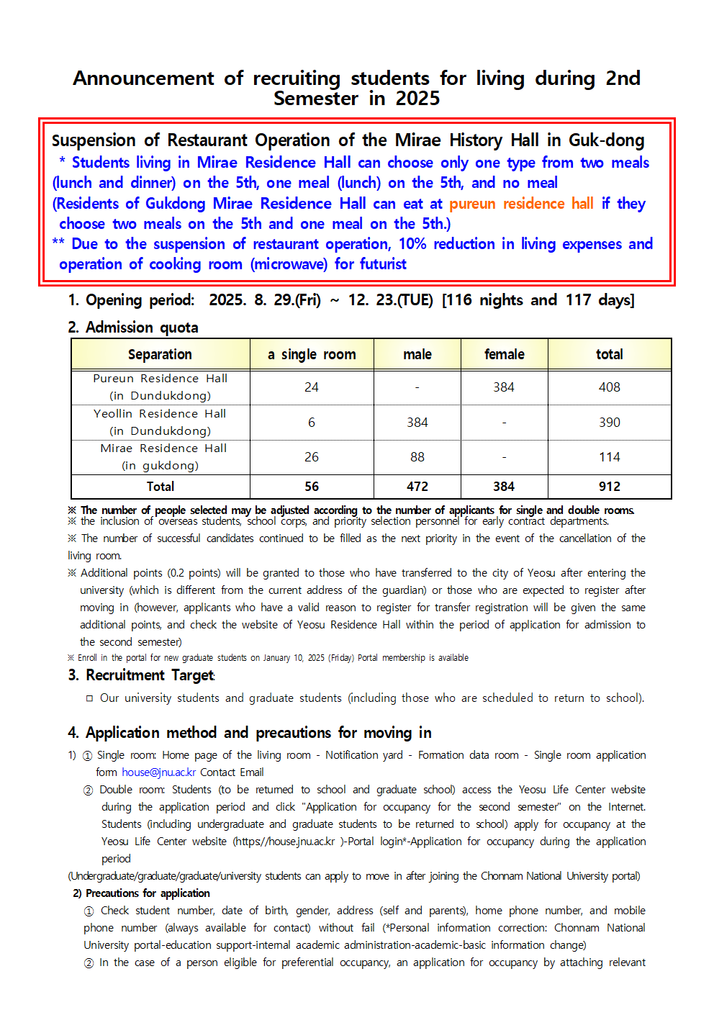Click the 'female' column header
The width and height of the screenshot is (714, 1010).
tap(504, 354)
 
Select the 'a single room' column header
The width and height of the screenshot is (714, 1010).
tap(312, 354)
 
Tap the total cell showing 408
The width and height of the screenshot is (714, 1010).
tap(609, 387)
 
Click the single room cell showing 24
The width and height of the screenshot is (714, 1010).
tap(312, 387)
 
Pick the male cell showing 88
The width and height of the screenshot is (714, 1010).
tap(417, 457)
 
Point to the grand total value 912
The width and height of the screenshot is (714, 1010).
tap(609, 487)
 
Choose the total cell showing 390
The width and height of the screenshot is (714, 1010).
tap(609, 423)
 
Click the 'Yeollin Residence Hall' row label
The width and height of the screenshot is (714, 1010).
tap(160, 414)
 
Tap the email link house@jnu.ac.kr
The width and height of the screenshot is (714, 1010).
tap(158, 772)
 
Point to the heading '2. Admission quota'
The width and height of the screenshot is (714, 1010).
tap(133, 328)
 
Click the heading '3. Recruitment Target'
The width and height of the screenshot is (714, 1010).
tap(142, 675)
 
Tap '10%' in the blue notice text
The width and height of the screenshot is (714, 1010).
tap(412, 244)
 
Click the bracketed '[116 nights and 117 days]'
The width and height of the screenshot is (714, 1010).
tap(538, 300)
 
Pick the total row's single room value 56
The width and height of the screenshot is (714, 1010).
tap(312, 487)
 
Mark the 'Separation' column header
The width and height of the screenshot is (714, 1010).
tap(160, 354)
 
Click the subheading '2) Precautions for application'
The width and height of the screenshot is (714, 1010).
tap(141, 893)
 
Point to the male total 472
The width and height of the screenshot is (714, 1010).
tap(417, 487)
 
